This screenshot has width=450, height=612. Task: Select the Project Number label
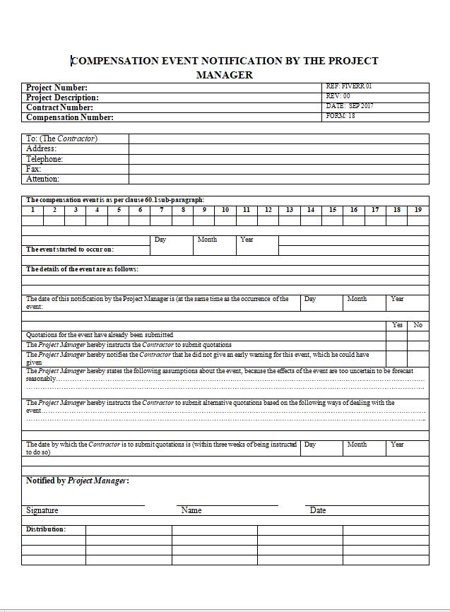tap(57, 88)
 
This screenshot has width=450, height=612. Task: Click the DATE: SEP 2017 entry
tap(350, 106)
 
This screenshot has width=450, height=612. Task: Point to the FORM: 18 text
tap(341, 116)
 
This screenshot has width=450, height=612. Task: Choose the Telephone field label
tap(45, 159)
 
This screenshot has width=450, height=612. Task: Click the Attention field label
tap(43, 180)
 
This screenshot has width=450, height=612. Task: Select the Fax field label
tap(34, 169)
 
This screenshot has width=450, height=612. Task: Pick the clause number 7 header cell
tap(161, 210)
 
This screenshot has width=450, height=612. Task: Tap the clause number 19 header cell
tap(418, 210)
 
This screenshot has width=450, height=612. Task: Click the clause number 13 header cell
tap(290, 210)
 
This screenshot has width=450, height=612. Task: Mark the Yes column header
tap(396, 325)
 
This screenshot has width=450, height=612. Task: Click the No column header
tap(418, 325)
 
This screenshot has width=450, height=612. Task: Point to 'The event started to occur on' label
tap(70, 249)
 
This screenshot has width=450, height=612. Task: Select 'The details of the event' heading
tap(82, 269)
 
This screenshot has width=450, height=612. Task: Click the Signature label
tap(42, 510)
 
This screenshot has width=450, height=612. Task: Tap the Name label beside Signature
tap(191, 510)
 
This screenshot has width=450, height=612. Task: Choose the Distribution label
tap(46, 529)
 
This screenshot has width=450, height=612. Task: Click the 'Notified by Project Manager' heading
tap(78, 481)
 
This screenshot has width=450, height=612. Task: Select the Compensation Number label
tap(70, 117)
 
